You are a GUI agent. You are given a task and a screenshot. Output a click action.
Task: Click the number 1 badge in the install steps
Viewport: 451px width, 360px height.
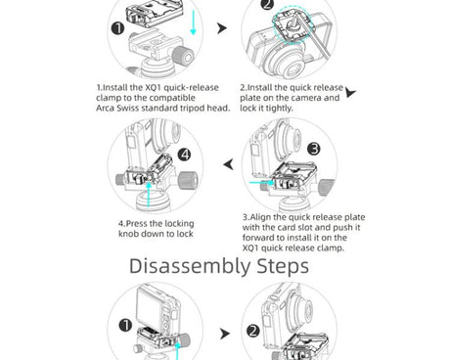pos(118,28)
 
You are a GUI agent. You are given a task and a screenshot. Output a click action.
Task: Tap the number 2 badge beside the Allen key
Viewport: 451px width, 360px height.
pos(267,4)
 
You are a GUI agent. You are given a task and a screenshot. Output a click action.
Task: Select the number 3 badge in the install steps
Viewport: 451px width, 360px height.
pos(314,149)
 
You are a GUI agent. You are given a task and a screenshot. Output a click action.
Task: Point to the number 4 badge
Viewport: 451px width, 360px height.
pos(185,155)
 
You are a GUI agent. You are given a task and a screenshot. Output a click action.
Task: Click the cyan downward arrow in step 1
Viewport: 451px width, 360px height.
pos(193,22)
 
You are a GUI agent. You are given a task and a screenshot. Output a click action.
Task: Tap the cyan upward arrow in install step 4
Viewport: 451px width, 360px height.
pos(149,195)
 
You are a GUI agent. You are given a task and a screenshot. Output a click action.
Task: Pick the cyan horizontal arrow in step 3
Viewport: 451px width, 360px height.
pos(262,183)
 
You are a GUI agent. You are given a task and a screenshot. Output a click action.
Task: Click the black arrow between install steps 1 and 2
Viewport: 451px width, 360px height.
pos(222,28)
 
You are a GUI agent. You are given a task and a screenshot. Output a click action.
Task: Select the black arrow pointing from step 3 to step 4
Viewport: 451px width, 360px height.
pos(229,164)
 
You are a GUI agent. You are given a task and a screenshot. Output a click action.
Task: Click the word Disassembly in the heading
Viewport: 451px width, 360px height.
pos(189,266)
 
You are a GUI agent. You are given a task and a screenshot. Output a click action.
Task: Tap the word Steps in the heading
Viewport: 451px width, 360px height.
pos(283,266)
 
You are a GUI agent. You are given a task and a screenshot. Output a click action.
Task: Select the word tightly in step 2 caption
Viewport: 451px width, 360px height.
pos(279,108)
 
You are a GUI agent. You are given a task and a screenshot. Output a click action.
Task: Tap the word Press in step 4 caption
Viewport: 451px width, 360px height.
pos(137,224)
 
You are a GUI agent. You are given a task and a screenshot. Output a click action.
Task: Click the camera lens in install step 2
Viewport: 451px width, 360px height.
pos(292,64)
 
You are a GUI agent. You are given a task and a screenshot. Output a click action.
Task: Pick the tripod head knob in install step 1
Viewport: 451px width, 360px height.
pos(184,56)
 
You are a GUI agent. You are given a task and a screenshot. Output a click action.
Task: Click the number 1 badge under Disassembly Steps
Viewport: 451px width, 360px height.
pos(125,325)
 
